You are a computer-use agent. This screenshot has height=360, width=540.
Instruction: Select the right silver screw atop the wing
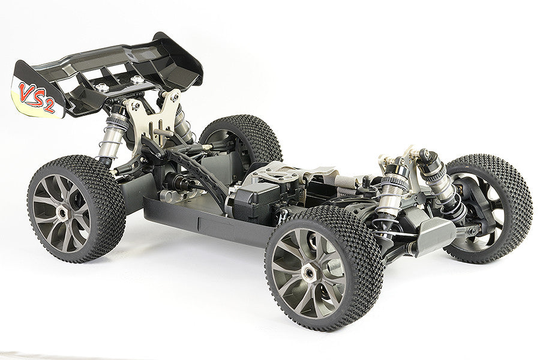tap(138, 79)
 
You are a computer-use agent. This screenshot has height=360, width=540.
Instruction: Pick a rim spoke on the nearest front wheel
tap(288, 258)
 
